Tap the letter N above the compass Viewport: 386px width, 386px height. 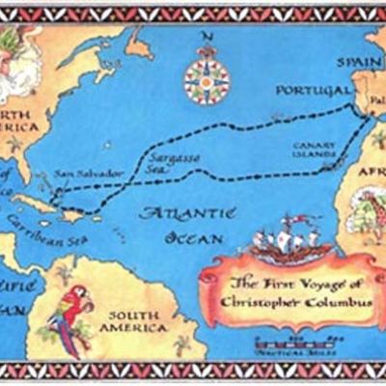coord(204,38)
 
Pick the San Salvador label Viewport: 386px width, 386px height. coord(88,174)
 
